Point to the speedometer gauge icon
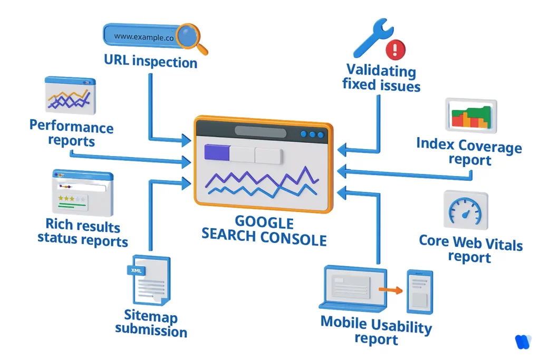point(465,210)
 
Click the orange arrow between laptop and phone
point(391,289)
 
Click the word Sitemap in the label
point(151,317)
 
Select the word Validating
point(381,71)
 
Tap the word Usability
point(398,325)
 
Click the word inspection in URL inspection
point(165,62)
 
